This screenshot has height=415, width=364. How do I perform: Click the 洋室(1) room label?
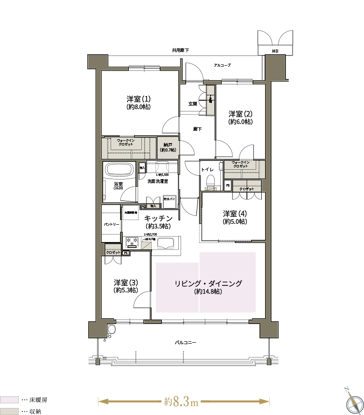[x=138, y=103]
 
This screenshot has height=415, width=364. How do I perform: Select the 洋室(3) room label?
[x=126, y=286]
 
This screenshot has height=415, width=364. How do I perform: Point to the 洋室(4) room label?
[x=235, y=217]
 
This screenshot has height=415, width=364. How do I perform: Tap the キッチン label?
[x=158, y=221]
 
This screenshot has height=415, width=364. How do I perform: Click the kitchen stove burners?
[x=131, y=242]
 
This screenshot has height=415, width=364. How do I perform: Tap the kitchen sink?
[x=166, y=243]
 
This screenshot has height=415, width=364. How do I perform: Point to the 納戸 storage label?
[x=168, y=147]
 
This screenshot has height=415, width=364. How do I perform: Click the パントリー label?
[x=112, y=224]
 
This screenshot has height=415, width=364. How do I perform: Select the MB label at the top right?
[x=275, y=50]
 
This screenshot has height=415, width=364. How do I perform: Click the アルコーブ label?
[x=222, y=65]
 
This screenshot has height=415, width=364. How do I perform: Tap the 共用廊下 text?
[x=180, y=50]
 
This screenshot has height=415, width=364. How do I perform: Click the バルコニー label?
[x=185, y=342]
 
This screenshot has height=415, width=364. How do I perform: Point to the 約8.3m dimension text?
[x=182, y=401]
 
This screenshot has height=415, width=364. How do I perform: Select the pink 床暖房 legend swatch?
[x=9, y=400]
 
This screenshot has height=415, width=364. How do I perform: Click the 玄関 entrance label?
[x=192, y=104]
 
